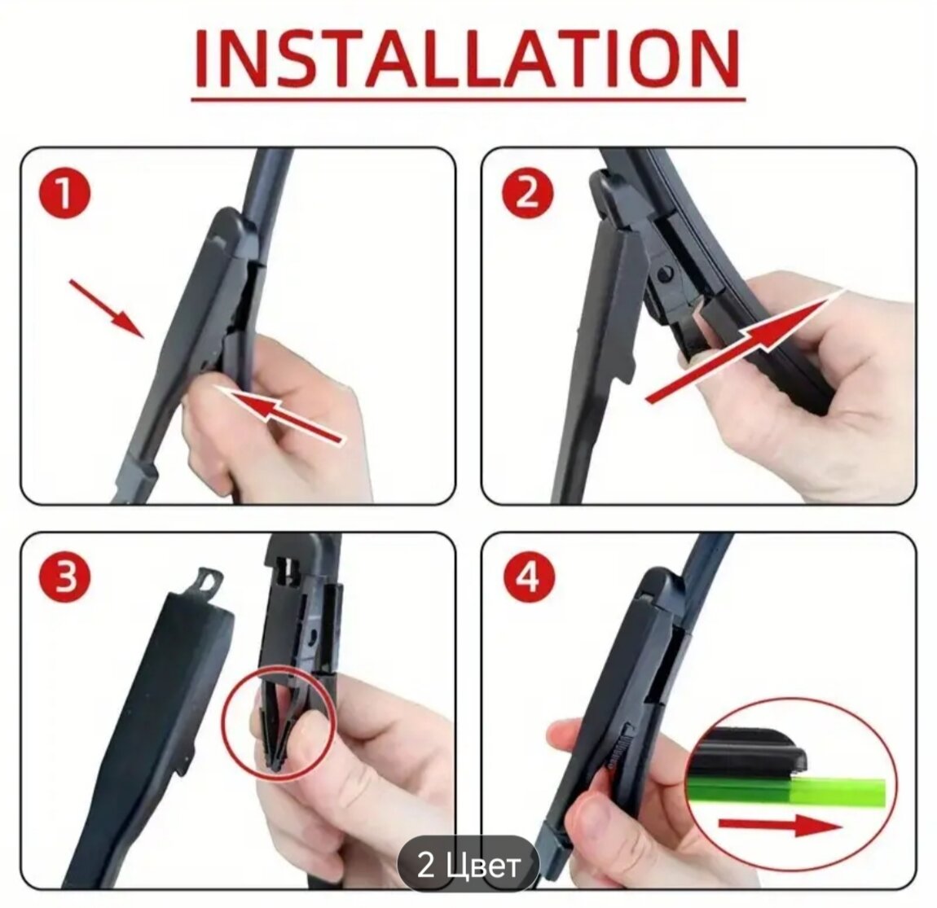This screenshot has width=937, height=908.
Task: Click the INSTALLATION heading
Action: pyautogui.click(x=468, y=59)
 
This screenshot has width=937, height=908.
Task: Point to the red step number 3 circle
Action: pyautogui.click(x=64, y=578)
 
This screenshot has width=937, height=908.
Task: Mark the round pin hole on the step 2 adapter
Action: pyautogui.click(x=664, y=274)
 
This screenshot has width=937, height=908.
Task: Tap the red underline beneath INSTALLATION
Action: pyautogui.click(x=468, y=99)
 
